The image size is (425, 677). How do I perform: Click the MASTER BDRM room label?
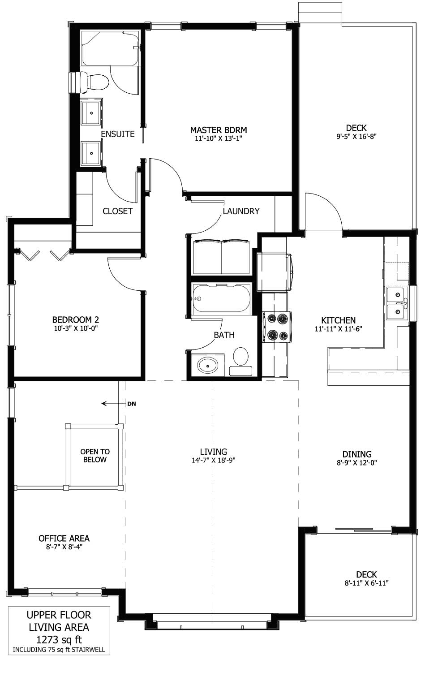tap(219, 130)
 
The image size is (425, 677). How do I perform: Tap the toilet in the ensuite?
tap(94, 82)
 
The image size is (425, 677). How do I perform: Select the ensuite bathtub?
tap(110, 48)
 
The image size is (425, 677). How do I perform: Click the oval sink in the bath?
tap(207, 366)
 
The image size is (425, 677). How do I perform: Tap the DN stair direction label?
tap(132, 404)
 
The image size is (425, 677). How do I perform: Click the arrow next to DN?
tap(113, 403)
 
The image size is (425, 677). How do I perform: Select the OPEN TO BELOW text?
tap(95, 456)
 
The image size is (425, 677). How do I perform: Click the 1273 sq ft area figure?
tap(59, 639)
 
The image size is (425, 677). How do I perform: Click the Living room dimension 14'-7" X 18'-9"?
tap(213, 460)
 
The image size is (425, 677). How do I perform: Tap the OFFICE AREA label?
tap(64, 538)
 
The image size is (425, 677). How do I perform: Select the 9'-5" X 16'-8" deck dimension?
tap(356, 136)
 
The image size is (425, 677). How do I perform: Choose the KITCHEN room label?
tap(338, 320)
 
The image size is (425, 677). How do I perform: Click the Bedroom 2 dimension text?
tap(76, 328)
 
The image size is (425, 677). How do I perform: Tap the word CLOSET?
tap(117, 211)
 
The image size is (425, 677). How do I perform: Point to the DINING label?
tap(357, 454)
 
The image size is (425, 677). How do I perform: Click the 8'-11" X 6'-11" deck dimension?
tap(366, 583)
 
